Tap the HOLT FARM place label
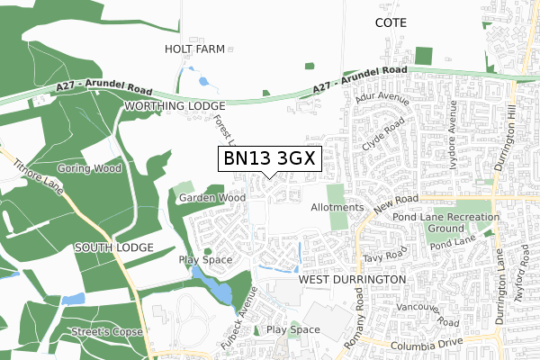tap(193, 49)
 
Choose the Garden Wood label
tap(211, 197)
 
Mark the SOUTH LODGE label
tap(113, 247)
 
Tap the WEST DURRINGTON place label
tap(352, 280)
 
